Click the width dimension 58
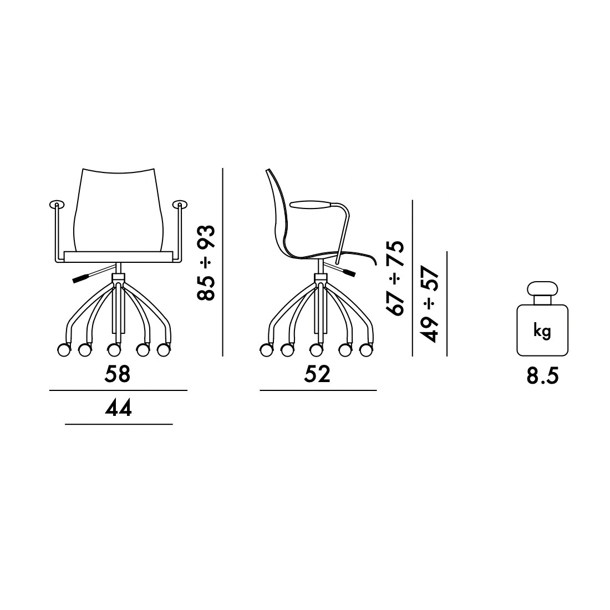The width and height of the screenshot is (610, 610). click(x=118, y=374)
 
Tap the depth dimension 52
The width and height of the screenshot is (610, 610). click(x=317, y=374)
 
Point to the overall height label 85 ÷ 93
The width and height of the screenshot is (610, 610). click(x=206, y=262)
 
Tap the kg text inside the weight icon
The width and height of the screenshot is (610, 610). click(x=542, y=331)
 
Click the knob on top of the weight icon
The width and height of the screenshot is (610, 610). click(x=542, y=289)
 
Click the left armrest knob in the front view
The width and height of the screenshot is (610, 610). click(x=56, y=205)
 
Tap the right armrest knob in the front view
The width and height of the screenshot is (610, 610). click(x=180, y=205)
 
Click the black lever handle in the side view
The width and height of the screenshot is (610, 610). click(x=348, y=272)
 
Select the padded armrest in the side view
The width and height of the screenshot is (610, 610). click(x=311, y=205)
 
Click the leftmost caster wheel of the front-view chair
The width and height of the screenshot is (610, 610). click(x=64, y=350)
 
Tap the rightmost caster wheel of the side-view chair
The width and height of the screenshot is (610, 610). click(x=365, y=350)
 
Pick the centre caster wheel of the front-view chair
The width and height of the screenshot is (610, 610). click(x=114, y=350)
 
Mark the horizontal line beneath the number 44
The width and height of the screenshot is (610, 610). click(x=119, y=424)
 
